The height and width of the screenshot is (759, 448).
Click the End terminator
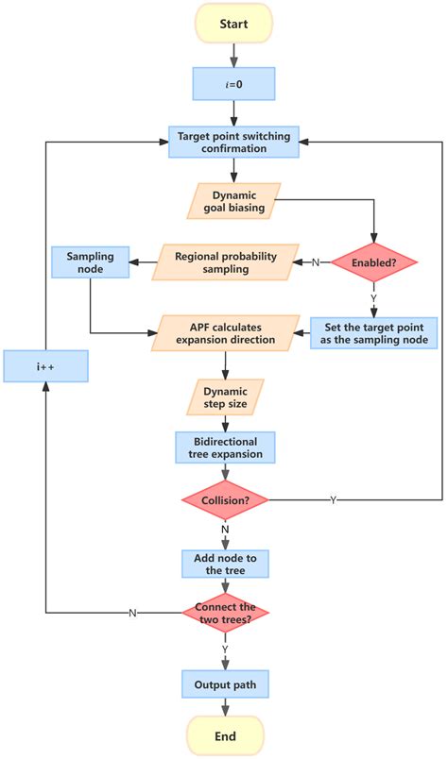pos(225,735)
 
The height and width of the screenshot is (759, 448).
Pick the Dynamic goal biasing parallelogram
pos(225,200)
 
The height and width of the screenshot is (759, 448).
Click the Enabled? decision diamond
pos(375,262)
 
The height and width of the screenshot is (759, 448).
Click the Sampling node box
pos(89,261)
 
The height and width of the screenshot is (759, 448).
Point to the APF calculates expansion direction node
pos(225,332)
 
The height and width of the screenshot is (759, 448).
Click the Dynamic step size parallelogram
pos(225,396)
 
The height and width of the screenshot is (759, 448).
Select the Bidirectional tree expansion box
pos(225,448)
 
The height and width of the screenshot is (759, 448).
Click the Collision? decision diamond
pos(225,499)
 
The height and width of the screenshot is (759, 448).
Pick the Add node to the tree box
pos(225,564)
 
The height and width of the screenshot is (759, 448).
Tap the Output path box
pos(225,683)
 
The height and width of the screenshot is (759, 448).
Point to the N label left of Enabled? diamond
pos(315,262)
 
